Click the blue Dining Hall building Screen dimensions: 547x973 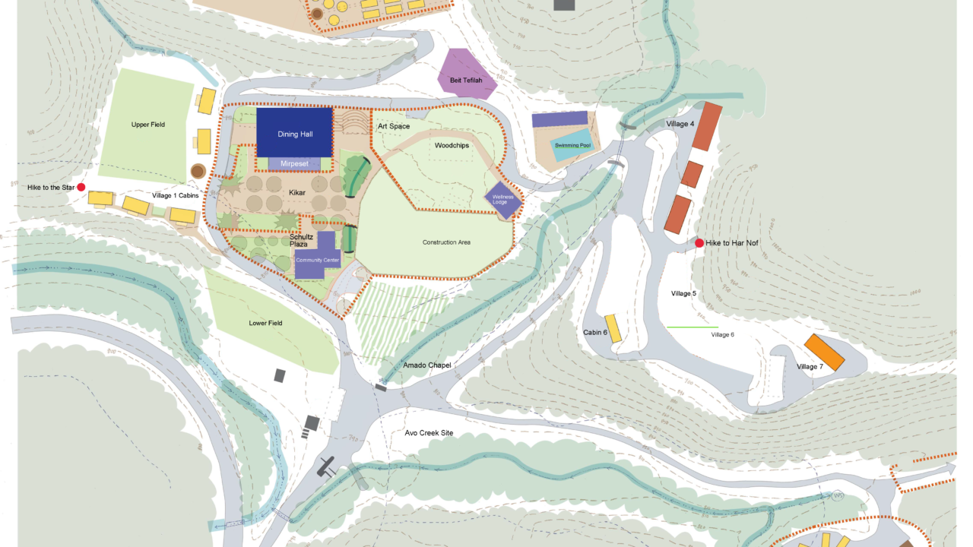(294, 132)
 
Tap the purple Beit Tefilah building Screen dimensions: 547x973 (464, 76)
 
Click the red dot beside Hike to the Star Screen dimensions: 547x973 (81, 187)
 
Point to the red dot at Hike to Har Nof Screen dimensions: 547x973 (699, 243)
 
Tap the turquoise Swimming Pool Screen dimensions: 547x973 (572, 146)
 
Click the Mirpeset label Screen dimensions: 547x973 (294, 163)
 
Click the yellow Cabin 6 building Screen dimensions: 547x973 (613, 327)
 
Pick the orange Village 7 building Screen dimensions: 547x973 (825, 352)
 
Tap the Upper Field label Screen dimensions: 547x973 (147, 125)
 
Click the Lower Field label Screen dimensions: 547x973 (265, 323)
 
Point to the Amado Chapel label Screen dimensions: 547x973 (427, 365)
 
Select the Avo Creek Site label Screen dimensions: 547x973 (429, 433)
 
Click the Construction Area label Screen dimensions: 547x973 (446, 242)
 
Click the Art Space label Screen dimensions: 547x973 (394, 126)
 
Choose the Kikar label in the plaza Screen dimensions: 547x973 (297, 193)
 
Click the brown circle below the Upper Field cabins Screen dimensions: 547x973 (198, 170)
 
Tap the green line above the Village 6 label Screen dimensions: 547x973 (692, 327)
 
